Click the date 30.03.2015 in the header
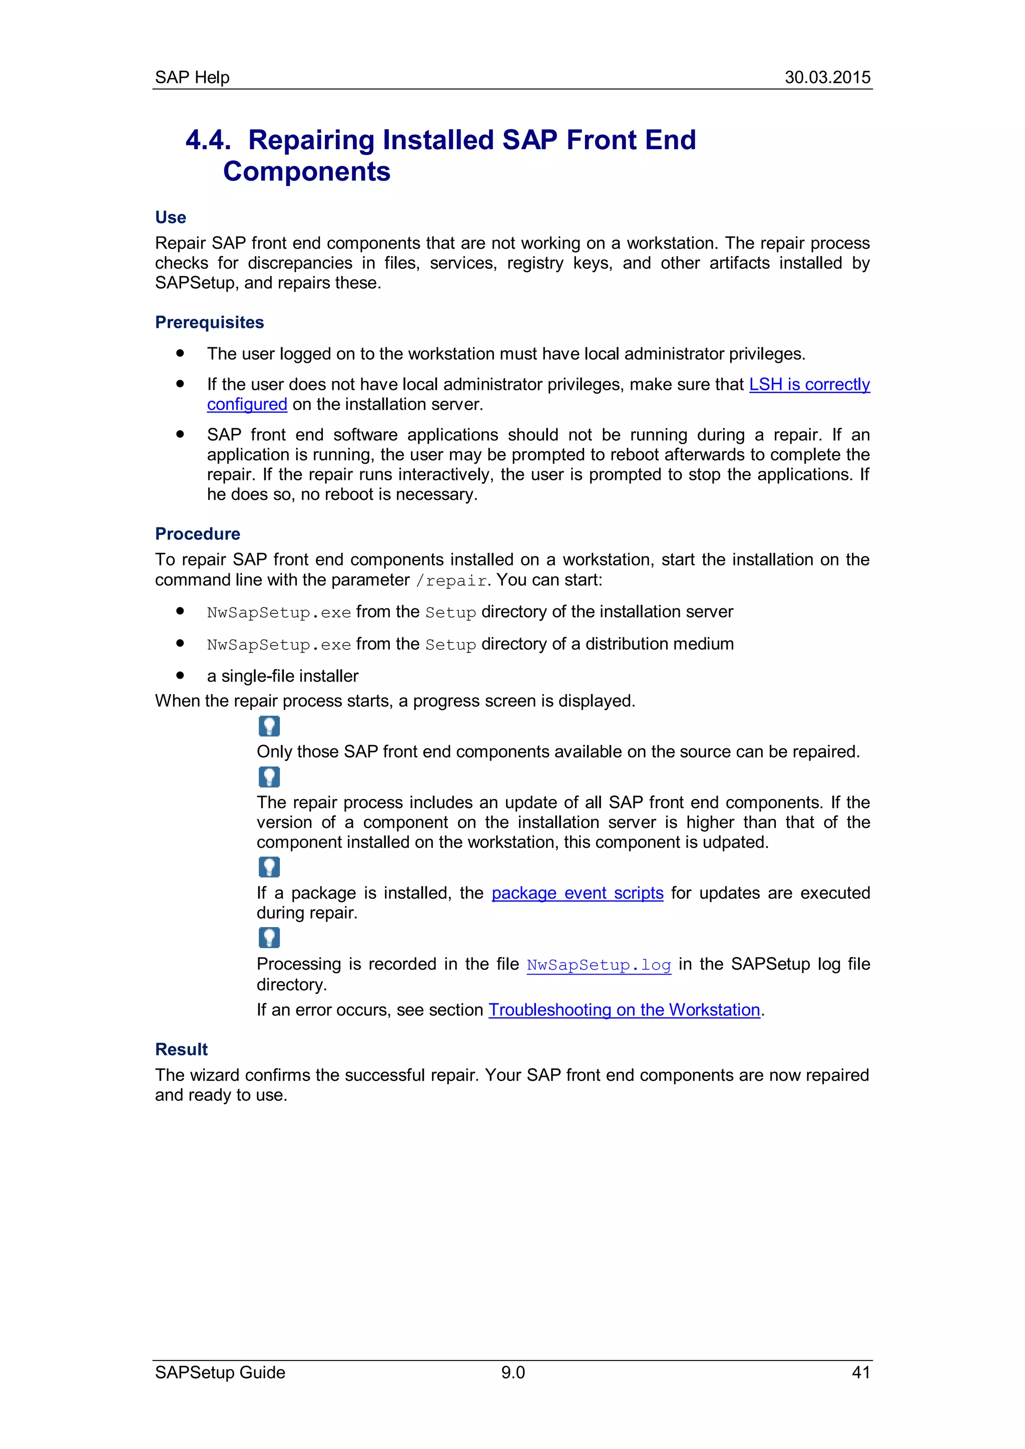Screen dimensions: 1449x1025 (827, 77)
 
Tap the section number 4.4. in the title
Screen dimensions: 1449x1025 (208, 140)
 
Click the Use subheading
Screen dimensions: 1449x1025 (170, 217)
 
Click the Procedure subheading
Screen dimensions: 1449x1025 (198, 533)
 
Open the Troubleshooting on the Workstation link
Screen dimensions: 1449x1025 (624, 1010)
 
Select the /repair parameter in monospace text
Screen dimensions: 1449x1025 (451, 580)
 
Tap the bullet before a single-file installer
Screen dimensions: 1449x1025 (181, 675)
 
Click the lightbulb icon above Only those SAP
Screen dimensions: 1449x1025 (269, 727)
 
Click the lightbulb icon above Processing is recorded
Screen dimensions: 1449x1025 (269, 938)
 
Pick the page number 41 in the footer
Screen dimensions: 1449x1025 (860, 1372)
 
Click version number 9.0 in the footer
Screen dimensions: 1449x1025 (512, 1372)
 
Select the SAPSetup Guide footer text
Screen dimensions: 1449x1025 (220, 1372)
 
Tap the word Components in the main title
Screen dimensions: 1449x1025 (307, 172)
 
